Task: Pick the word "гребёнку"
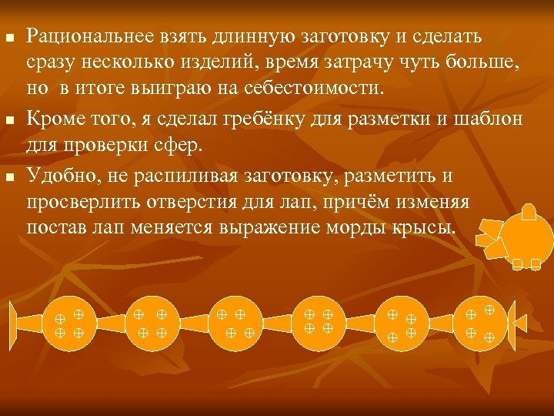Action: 285,119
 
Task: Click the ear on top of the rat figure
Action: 529,211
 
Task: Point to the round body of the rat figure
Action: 526,236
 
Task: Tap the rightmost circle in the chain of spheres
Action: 482,322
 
